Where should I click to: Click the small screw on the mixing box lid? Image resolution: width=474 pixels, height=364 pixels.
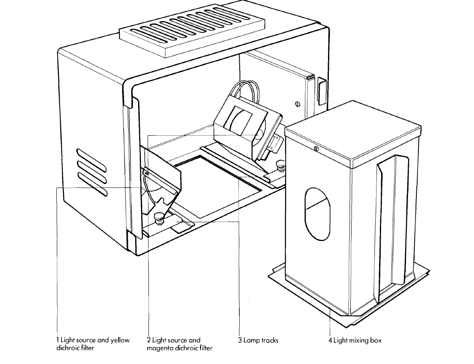click(x=316, y=149)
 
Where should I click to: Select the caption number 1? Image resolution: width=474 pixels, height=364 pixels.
click(x=58, y=340)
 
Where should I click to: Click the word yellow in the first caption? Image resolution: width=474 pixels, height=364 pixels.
click(x=120, y=340)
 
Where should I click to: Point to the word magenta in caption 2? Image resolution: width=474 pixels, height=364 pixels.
click(x=159, y=348)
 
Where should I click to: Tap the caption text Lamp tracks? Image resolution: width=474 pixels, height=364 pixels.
click(x=261, y=340)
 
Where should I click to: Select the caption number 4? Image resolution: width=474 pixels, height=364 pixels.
click(x=331, y=340)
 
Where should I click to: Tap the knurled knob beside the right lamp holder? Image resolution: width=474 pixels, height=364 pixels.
click(x=280, y=167)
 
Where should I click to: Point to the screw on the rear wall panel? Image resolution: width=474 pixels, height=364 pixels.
click(x=298, y=104)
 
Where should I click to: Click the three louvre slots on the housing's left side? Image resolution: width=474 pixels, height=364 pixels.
click(x=91, y=171)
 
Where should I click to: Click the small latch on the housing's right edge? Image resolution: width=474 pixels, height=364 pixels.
click(x=321, y=89)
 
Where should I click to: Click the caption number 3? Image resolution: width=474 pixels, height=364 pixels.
click(x=240, y=340)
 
